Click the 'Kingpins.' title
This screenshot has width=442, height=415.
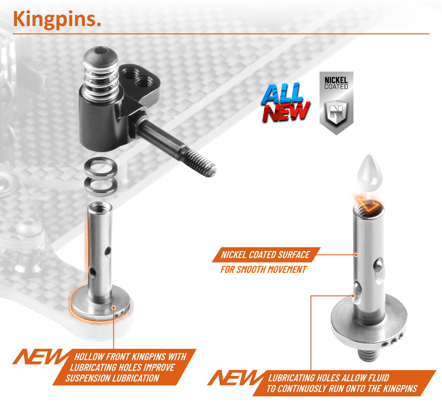point(57,20)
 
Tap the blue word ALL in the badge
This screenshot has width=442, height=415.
point(282,93)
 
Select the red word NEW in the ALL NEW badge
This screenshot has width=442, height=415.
point(286,112)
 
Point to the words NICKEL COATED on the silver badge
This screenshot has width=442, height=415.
point(336,83)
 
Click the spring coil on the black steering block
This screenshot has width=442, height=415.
point(100,80)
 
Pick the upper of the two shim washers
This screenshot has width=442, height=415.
point(100,168)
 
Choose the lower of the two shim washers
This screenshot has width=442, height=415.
point(100,185)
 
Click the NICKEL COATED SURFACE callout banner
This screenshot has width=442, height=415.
point(266,255)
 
